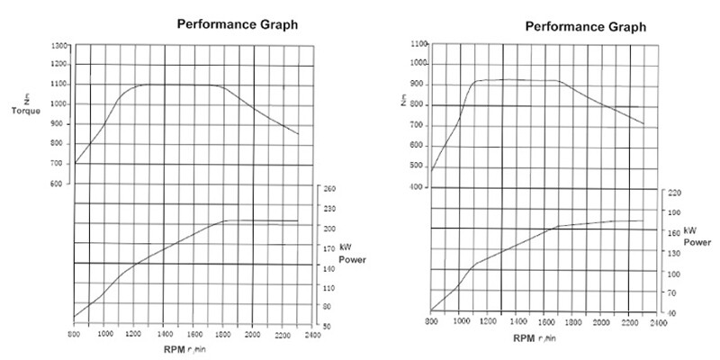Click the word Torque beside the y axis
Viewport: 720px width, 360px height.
pyautogui.click(x=26, y=112)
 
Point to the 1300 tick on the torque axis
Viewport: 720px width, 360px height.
pyautogui.click(x=58, y=45)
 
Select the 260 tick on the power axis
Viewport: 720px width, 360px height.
pyautogui.click(x=328, y=189)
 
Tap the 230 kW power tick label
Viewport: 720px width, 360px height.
pyautogui.click(x=328, y=209)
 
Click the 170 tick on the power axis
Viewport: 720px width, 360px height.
pyautogui.click(x=328, y=247)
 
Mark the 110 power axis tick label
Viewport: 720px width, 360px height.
pyautogui.click(x=328, y=287)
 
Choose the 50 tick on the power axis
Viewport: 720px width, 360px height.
pyautogui.click(x=330, y=326)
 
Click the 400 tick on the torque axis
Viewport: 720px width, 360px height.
pyautogui.click(x=416, y=187)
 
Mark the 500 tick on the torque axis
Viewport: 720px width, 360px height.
pyautogui.click(x=416, y=166)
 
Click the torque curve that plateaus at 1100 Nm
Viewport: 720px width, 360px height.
pyautogui.click(x=180, y=85)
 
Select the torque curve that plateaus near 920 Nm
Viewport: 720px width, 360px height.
pyautogui.click(x=522, y=79)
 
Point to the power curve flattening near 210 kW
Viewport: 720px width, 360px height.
pyautogui.click(x=261, y=220)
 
